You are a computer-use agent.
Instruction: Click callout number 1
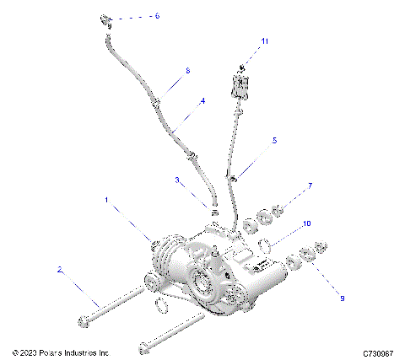[106, 200]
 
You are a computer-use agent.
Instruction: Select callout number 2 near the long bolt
[59, 270]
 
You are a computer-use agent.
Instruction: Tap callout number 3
[177, 180]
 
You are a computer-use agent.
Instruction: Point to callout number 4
[202, 101]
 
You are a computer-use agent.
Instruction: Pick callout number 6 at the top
[155, 15]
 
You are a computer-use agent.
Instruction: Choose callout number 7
[310, 185]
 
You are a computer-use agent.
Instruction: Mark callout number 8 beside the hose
[187, 71]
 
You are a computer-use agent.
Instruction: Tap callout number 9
[342, 297]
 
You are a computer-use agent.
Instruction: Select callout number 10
[308, 223]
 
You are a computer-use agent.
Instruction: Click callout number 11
[264, 40]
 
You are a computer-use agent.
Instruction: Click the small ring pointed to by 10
[264, 247]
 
